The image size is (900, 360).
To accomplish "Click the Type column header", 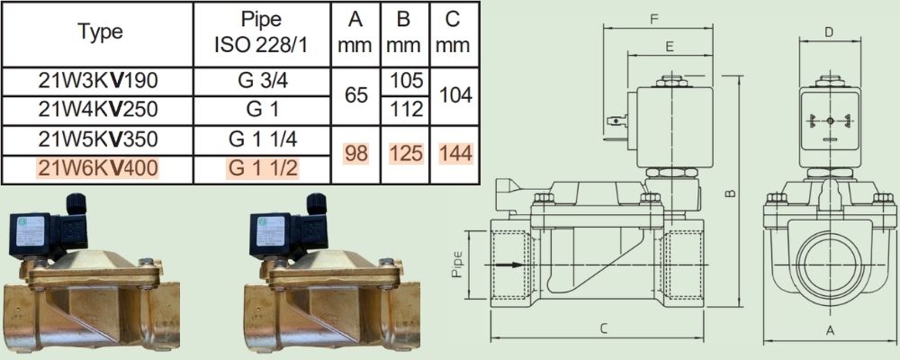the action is coord(100,32).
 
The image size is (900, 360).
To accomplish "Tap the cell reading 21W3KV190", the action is coord(97,82).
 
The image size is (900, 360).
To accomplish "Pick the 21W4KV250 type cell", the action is coord(97,109).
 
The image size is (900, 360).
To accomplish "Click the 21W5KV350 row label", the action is coord(97,139).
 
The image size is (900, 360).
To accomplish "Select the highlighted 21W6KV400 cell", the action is coord(97,168).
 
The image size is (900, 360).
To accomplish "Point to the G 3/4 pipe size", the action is coord(262,82).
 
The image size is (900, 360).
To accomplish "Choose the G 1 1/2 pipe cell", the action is coord(262,168).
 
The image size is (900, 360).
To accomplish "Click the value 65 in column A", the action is coord(355,94).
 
